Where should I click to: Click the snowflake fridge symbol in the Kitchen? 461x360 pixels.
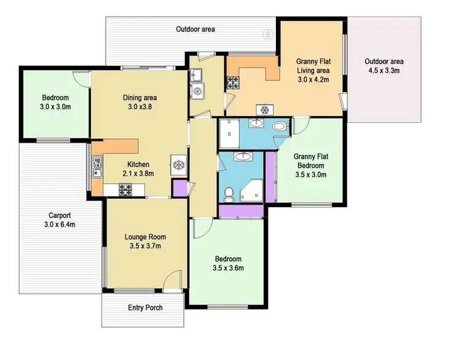click(177, 165)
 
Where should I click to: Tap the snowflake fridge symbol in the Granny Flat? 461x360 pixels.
click(266, 110)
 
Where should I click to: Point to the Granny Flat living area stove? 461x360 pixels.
click(233, 80)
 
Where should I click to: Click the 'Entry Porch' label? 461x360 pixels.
click(145, 307)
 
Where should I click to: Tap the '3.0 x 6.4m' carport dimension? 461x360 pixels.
click(60, 225)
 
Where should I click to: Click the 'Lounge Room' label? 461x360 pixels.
click(145, 237)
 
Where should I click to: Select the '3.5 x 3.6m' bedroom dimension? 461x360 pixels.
click(228, 268)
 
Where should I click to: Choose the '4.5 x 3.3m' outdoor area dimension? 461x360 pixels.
click(384, 71)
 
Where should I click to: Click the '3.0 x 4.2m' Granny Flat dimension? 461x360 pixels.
click(313, 79)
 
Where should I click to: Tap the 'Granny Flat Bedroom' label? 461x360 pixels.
click(310, 161)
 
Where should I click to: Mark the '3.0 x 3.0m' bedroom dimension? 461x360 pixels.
click(56, 107)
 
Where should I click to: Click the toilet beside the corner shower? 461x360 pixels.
click(229, 193)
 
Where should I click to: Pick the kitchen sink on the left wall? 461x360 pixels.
click(97, 166)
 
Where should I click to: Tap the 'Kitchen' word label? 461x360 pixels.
click(139, 164)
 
